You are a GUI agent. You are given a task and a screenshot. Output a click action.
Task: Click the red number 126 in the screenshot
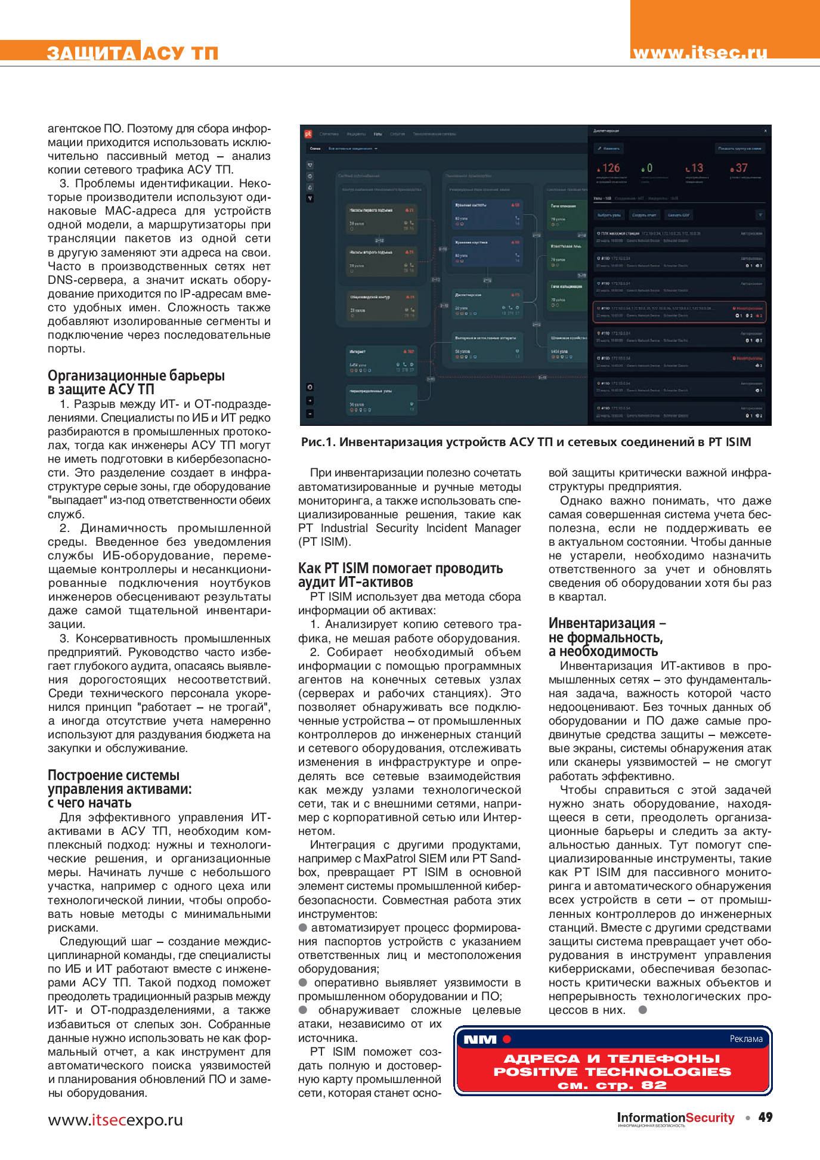click(610, 168)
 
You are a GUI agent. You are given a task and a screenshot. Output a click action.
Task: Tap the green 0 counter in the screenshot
click(648, 168)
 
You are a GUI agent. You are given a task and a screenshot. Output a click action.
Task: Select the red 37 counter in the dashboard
click(740, 168)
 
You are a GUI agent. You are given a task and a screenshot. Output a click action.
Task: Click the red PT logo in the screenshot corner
click(308, 134)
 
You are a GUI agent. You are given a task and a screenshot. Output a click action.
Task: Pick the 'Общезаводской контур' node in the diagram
click(382, 304)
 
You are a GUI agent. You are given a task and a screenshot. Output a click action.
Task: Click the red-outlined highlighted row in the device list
click(679, 311)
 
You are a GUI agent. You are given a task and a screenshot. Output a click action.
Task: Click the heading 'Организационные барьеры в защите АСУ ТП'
click(136, 382)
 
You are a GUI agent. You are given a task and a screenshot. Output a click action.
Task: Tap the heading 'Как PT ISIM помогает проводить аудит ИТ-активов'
click(400, 575)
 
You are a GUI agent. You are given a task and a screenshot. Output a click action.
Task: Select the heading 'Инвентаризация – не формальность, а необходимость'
click(607, 637)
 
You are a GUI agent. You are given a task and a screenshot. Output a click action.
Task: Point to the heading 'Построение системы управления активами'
click(119, 788)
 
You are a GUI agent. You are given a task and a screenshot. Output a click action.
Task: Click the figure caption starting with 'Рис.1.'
click(525, 442)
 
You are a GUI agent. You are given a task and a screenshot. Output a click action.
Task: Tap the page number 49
click(765, 1117)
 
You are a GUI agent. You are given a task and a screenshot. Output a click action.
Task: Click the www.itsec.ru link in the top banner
click(700, 52)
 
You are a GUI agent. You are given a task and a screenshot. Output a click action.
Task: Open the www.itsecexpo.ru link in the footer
click(115, 1120)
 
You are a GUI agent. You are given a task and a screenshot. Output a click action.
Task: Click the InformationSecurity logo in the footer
click(675, 1118)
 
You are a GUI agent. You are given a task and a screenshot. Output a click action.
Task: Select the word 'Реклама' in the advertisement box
click(745, 1038)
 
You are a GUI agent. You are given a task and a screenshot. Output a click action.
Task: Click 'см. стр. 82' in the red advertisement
click(612, 1085)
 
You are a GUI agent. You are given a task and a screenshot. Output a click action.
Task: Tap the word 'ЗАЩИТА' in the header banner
click(91, 53)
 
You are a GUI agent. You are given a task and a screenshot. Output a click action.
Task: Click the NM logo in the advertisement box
click(480, 1039)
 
